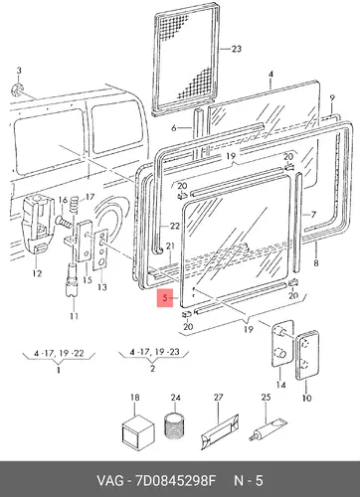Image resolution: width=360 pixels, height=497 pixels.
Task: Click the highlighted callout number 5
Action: [165, 298]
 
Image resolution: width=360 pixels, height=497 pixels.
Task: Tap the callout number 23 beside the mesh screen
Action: [236, 49]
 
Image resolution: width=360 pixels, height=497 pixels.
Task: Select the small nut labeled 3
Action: [17, 89]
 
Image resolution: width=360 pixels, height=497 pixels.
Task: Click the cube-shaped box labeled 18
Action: [138, 430]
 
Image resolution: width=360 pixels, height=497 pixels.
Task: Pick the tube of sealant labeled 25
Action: [268, 429]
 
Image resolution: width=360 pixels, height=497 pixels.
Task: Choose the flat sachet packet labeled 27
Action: [220, 430]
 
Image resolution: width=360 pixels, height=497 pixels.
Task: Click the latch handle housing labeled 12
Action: [38, 225]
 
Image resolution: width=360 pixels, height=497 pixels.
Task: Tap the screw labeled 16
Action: [64, 222]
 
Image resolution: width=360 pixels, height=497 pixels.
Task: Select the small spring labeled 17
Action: [75, 206]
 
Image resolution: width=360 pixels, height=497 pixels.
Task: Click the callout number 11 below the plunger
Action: [74, 316]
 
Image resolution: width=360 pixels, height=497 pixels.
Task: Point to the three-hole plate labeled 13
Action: [100, 250]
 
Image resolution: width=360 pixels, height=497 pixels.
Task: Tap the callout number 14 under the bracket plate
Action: [280, 385]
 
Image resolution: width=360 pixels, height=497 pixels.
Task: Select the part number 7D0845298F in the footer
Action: [175, 481]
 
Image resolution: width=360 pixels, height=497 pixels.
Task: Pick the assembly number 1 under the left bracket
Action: [59, 369]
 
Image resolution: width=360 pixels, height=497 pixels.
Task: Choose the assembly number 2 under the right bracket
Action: [152, 368]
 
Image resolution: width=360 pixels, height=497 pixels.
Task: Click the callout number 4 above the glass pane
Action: [270, 74]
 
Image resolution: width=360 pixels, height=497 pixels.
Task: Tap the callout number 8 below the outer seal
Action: [316, 262]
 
